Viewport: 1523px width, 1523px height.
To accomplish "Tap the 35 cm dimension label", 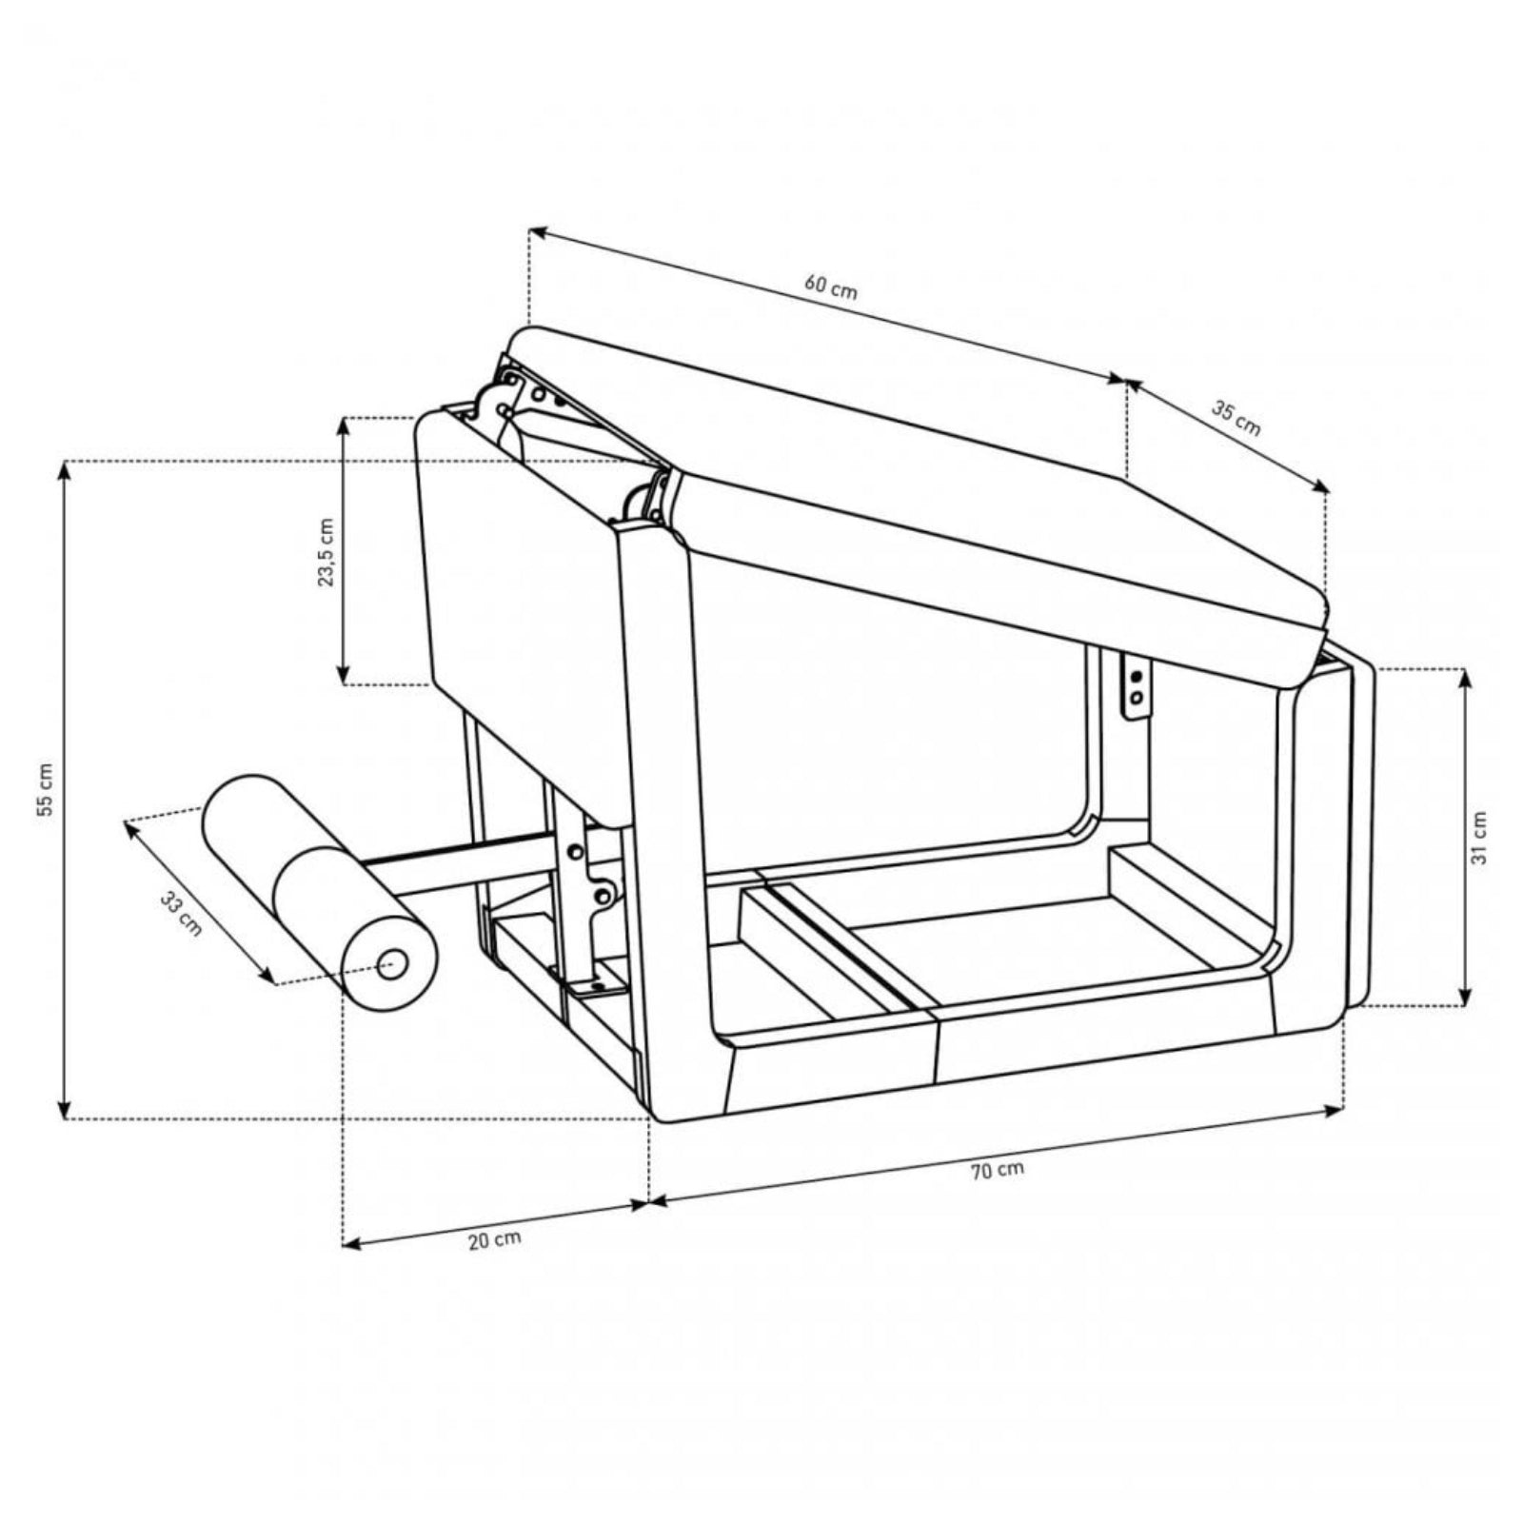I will (1236, 418).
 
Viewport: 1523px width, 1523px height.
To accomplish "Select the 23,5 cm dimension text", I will (326, 552).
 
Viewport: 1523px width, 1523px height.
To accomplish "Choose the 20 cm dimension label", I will (495, 1239).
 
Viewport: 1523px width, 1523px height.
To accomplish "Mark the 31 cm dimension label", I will (1478, 838).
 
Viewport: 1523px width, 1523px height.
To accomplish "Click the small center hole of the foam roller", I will (390, 965).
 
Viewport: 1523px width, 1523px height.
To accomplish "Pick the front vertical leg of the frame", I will (666, 809).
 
